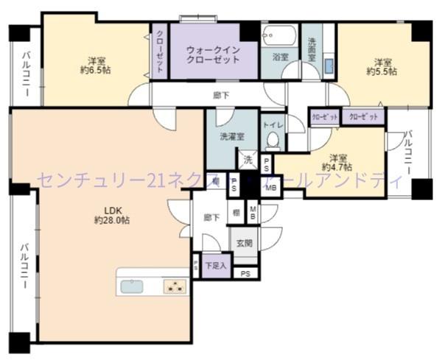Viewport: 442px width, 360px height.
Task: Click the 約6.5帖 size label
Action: pyautogui.click(x=94, y=71)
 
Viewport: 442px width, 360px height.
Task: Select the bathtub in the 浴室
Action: pyautogui.click(x=280, y=35)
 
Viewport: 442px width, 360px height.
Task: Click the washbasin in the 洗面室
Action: pyautogui.click(x=329, y=65)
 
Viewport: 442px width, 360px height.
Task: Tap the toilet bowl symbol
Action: pyautogui.click(x=273, y=140)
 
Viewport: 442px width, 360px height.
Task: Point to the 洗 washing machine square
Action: pyautogui.click(x=248, y=160)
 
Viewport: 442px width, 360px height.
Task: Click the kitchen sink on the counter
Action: pyautogui.click(x=132, y=286)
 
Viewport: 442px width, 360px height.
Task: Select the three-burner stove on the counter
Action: pyautogui.click(x=175, y=286)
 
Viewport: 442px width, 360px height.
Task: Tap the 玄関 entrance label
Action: pyautogui.click(x=244, y=244)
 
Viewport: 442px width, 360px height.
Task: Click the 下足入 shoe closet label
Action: pyautogui.click(x=216, y=266)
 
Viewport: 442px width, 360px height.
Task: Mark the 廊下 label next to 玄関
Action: pyautogui.click(x=211, y=217)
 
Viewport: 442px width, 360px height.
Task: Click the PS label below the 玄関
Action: pyautogui.click(x=245, y=274)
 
